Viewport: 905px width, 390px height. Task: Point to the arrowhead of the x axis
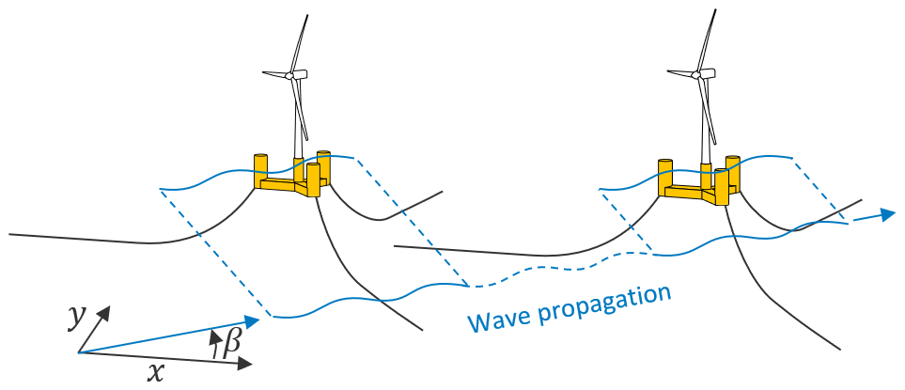(246, 364)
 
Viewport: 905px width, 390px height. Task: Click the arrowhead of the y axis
(106, 311)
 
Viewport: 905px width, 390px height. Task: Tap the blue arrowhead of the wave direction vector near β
(251, 321)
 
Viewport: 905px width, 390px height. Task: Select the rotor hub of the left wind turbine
(293, 74)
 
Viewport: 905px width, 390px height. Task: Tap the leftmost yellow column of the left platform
(261, 168)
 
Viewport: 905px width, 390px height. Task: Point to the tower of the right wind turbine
(704, 132)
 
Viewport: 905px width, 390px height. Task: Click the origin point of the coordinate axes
(79, 352)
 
